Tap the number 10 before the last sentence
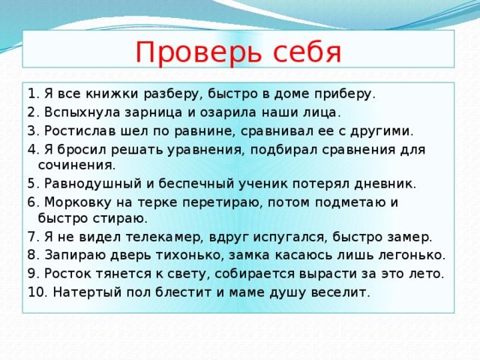35,291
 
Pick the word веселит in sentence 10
345,291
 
